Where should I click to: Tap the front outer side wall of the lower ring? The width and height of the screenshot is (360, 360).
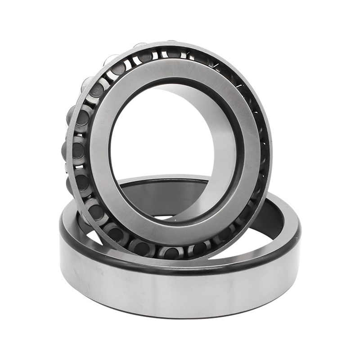pos(180,297)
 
